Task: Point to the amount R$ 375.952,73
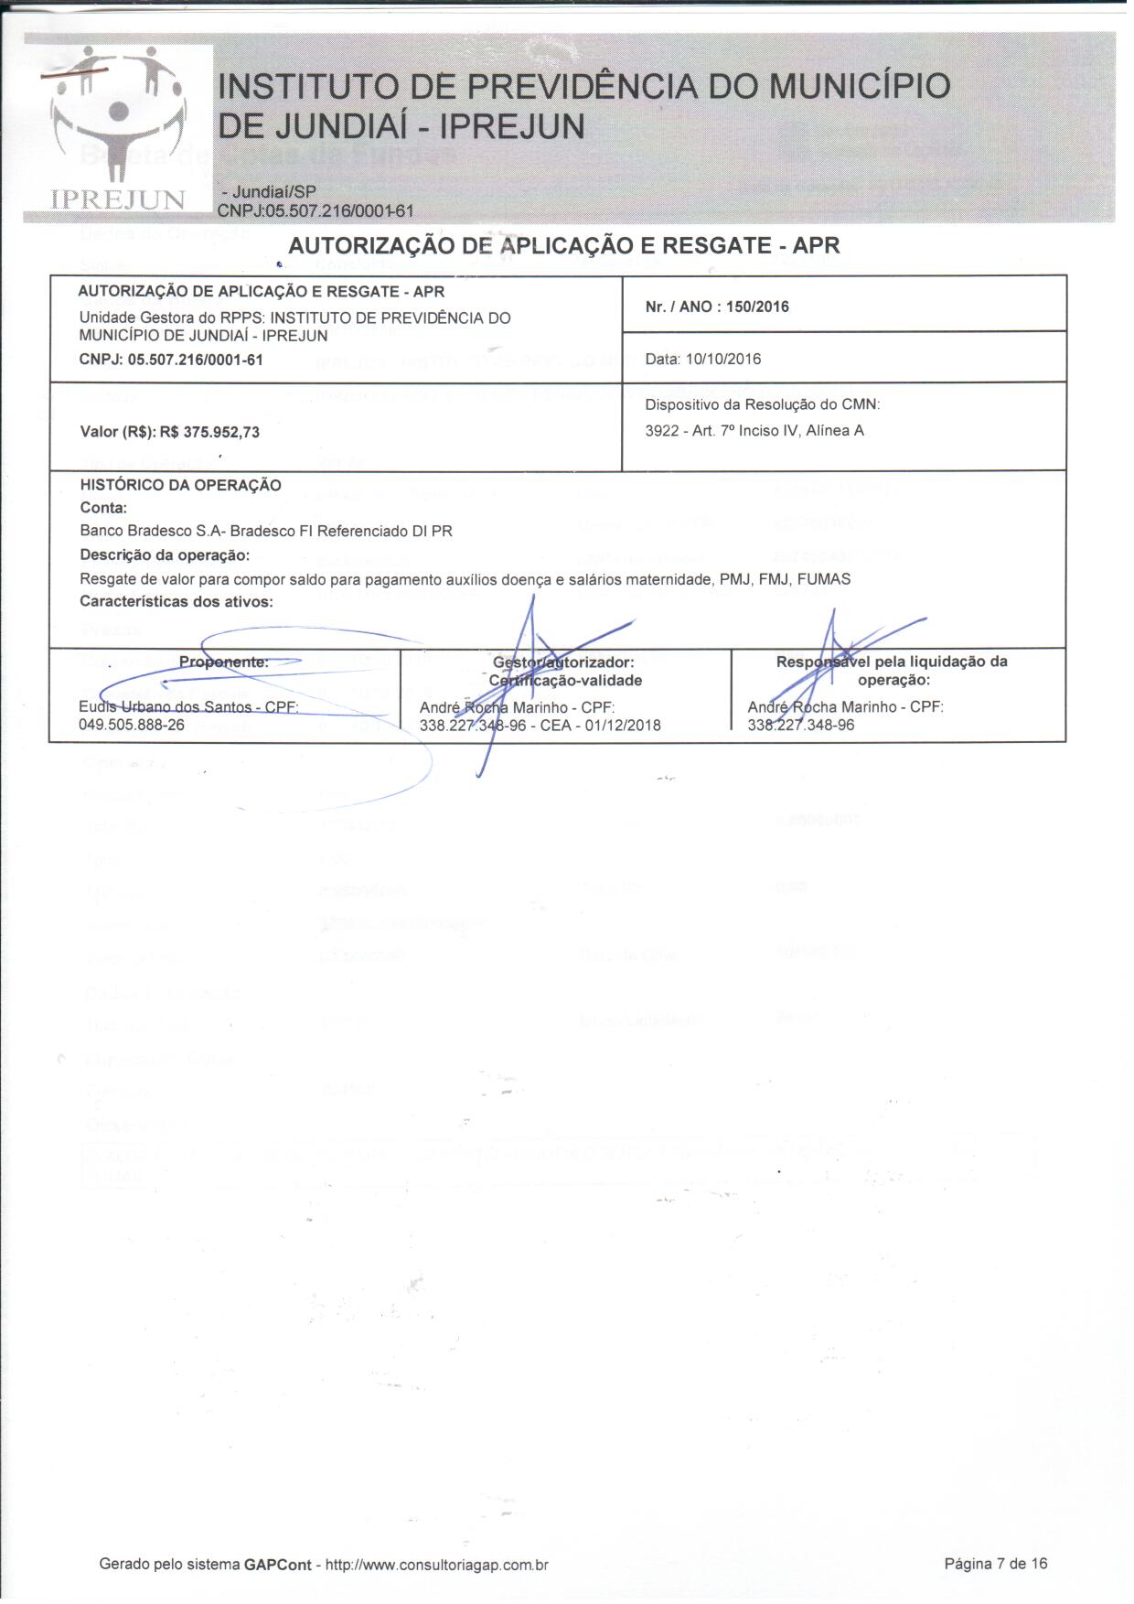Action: [x=209, y=432]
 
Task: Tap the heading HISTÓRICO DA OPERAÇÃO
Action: [x=180, y=485]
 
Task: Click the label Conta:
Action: [x=103, y=508]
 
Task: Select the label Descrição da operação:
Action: [x=165, y=554]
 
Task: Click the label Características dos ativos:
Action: [x=177, y=601]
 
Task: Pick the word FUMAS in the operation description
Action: [x=824, y=578]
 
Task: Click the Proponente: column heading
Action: [x=224, y=662]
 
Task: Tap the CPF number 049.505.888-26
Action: [x=132, y=725]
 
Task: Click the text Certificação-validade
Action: [x=565, y=680]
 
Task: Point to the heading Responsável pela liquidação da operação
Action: [x=892, y=671]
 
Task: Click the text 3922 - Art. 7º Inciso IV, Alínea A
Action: [x=754, y=430]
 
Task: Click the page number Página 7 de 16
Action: [x=995, y=1564]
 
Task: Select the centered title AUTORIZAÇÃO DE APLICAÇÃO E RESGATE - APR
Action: [x=563, y=245]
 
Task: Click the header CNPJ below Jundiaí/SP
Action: [x=316, y=211]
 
